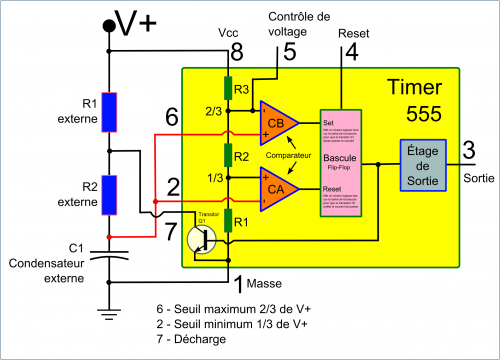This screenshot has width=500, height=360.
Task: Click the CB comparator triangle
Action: [277, 122]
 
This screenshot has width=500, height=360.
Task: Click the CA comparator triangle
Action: [277, 186]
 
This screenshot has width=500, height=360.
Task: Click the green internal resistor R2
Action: [228, 155]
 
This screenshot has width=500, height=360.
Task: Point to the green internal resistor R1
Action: [228, 219]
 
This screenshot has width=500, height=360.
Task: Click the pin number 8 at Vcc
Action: [236, 51]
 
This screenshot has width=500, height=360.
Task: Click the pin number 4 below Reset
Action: [352, 54]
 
